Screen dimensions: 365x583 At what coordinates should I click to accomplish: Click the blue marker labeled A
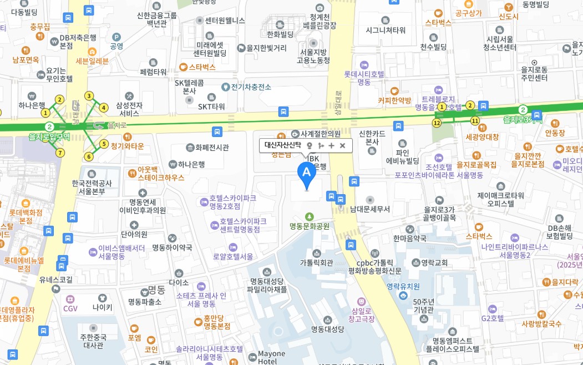pyautogui.click(x=307, y=173)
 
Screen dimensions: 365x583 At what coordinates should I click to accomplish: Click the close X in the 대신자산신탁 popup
pyautogui.click(x=342, y=146)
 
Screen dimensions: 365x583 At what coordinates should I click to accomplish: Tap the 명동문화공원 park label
pyautogui.click(x=310, y=226)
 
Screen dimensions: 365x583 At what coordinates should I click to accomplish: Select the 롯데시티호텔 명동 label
pyautogui.click(x=364, y=78)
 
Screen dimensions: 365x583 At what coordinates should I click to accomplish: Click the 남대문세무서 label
pyautogui.click(x=370, y=209)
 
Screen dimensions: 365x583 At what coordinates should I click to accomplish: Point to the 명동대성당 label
pyautogui.click(x=327, y=328)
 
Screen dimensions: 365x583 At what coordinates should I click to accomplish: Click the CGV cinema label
pyautogui.click(x=70, y=308)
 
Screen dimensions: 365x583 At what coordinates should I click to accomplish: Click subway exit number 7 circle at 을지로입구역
pyautogui.click(x=60, y=153)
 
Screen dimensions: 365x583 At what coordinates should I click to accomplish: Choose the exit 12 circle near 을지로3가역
pyautogui.click(x=437, y=123)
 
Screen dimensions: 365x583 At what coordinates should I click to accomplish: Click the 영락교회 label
pyautogui.click(x=434, y=262)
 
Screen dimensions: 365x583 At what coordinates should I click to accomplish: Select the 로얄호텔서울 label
pyautogui.click(x=233, y=256)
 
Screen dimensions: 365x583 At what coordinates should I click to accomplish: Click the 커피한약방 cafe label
pyautogui.click(x=394, y=100)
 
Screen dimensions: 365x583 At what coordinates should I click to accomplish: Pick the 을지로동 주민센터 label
pyautogui.click(x=534, y=74)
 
